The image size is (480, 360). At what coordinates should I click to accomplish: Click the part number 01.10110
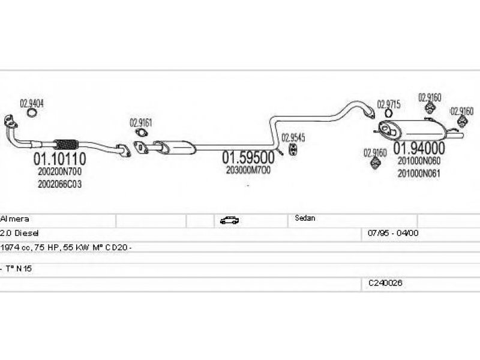click(59, 159)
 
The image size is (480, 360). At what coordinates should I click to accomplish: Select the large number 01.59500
click(248, 158)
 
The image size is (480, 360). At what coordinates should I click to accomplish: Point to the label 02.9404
click(32, 103)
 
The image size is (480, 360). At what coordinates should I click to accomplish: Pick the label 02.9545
click(293, 137)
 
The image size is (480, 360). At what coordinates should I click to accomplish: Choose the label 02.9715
click(388, 104)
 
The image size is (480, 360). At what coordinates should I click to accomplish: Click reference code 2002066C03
click(59, 184)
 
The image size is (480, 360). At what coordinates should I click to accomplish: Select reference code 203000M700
click(248, 170)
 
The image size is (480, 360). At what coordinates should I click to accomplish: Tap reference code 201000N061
click(418, 173)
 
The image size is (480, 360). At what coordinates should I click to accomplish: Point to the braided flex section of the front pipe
click(66, 144)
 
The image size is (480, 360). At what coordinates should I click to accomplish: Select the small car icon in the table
click(229, 220)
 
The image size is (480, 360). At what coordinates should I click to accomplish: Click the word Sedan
click(305, 218)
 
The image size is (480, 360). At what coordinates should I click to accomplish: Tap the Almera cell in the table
click(15, 220)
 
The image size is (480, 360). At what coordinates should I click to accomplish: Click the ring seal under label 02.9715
click(389, 113)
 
